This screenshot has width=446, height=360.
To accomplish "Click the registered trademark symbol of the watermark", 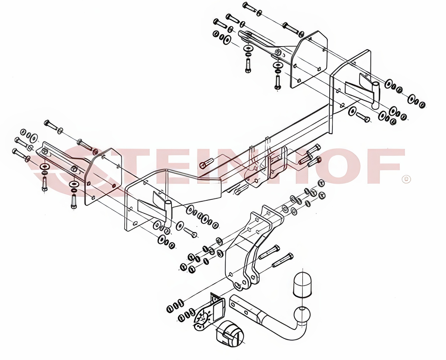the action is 406,179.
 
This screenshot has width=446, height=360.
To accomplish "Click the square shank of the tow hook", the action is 243,306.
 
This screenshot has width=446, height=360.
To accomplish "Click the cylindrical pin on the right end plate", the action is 375,95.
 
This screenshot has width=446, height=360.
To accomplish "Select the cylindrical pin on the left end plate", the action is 168,214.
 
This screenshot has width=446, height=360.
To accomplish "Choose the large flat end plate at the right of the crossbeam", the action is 350,91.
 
